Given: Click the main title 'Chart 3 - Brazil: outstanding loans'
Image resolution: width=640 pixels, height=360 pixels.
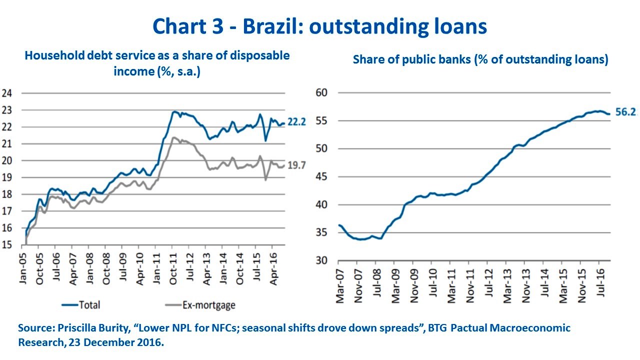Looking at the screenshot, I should click(320, 26).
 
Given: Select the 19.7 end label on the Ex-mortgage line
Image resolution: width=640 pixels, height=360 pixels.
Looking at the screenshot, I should click(296, 166).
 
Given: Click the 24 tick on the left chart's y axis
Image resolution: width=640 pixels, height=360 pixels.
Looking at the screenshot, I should click(7, 93).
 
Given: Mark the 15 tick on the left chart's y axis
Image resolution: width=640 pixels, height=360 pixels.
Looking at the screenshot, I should click(7, 245).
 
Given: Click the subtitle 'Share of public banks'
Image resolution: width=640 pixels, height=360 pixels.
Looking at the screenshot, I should click(480, 59).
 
